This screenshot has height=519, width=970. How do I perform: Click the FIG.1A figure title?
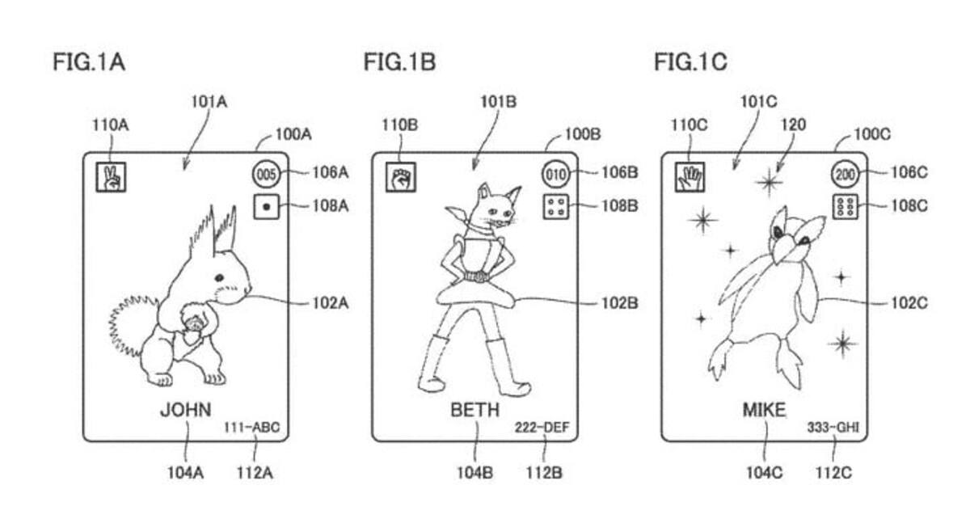pyautogui.click(x=89, y=62)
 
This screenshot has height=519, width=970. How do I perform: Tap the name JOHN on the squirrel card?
pyautogui.click(x=186, y=410)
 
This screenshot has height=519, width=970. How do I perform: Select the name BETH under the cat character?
pyautogui.click(x=475, y=410)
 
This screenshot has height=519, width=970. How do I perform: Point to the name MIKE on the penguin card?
pyautogui.click(x=765, y=410)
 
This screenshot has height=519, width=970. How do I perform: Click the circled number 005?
pyautogui.click(x=266, y=175)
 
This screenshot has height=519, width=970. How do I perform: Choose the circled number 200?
pyautogui.click(x=845, y=175)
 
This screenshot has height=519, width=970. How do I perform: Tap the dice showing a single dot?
pyautogui.click(x=266, y=207)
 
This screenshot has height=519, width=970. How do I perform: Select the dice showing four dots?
pyautogui.click(x=555, y=207)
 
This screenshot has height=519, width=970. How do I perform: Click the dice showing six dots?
pyautogui.click(x=845, y=207)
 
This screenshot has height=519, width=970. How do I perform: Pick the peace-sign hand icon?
pyautogui.click(x=111, y=177)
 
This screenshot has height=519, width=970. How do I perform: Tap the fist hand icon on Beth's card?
pyautogui.click(x=401, y=177)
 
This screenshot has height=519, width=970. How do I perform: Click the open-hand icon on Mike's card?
pyautogui.click(x=690, y=177)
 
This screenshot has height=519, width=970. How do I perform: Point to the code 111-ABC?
pyautogui.click(x=251, y=428)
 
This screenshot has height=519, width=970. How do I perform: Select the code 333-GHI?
pyautogui.click(x=833, y=428)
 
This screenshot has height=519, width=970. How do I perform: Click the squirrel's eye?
pyautogui.click(x=219, y=277)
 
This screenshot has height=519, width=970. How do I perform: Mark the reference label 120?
pyautogui.click(x=793, y=124)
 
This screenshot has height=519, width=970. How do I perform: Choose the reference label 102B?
pyautogui.click(x=620, y=303)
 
